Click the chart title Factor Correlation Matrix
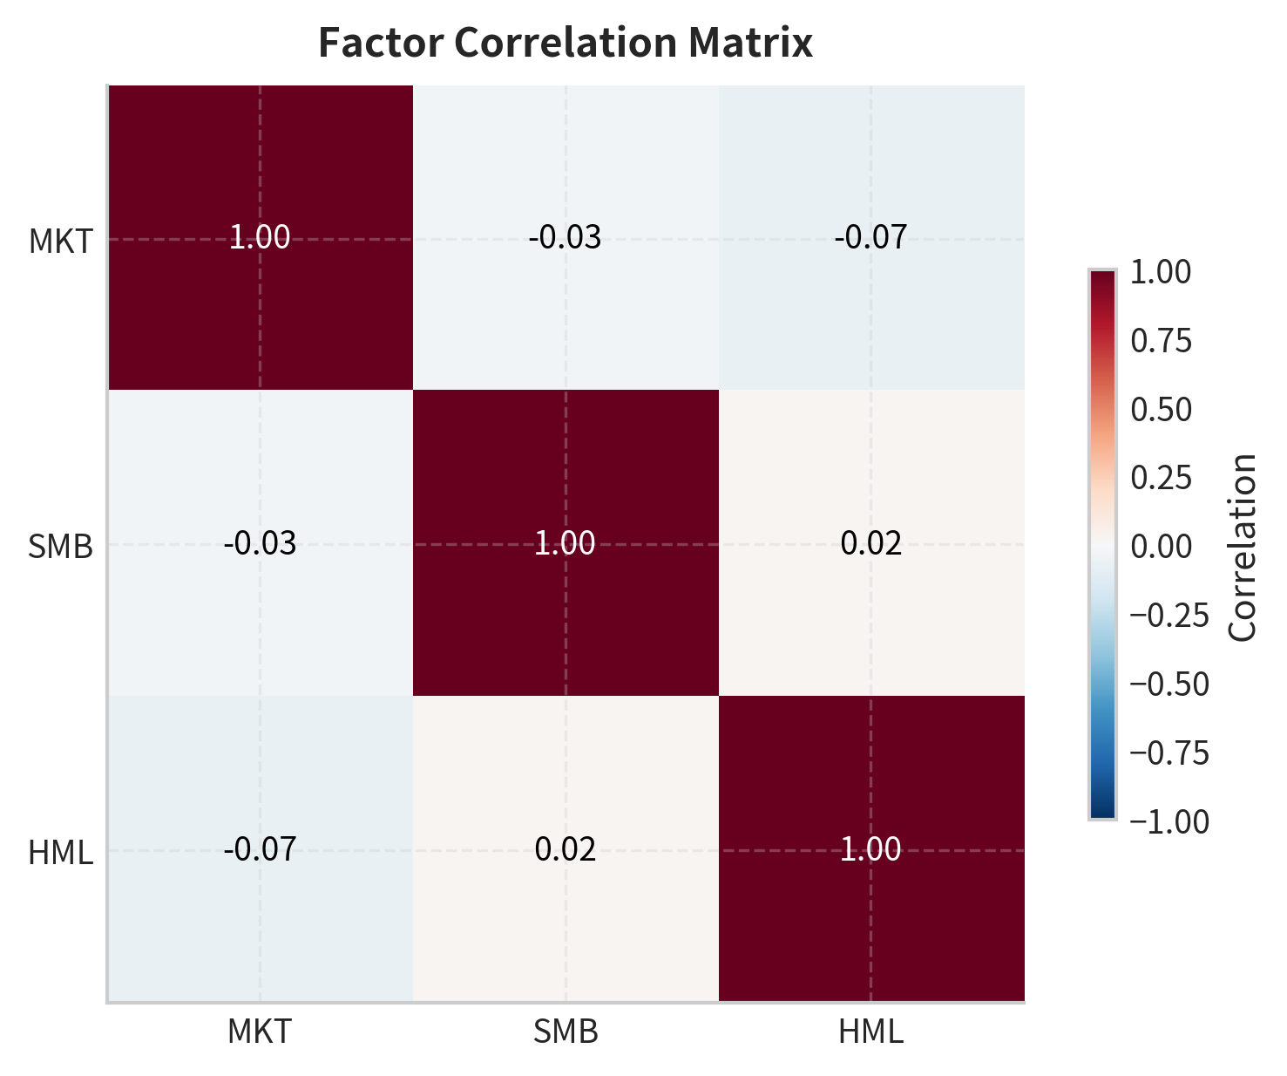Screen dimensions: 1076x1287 click(x=565, y=44)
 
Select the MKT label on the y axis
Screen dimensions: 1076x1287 click(x=60, y=241)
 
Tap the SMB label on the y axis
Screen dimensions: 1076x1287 click(x=60, y=547)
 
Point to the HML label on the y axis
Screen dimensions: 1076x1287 click(x=60, y=853)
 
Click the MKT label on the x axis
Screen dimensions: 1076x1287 click(x=260, y=1032)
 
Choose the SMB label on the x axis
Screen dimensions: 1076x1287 click(x=566, y=1032)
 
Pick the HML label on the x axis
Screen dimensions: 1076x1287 click(x=871, y=1032)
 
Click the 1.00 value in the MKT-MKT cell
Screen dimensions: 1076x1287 click(x=260, y=237)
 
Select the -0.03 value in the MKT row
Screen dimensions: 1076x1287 click(x=566, y=237)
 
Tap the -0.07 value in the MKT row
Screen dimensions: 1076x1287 click(x=871, y=237)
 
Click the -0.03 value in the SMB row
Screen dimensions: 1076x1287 click(x=260, y=543)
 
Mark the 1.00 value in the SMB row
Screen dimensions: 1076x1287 click(x=566, y=543)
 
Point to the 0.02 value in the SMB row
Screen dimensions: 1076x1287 click(x=871, y=543)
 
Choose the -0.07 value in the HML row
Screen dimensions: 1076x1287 click(x=260, y=849)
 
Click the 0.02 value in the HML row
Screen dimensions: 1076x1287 click(x=566, y=849)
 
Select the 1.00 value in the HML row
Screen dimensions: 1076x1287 click(x=871, y=849)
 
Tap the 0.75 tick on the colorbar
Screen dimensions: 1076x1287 click(x=1161, y=341)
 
